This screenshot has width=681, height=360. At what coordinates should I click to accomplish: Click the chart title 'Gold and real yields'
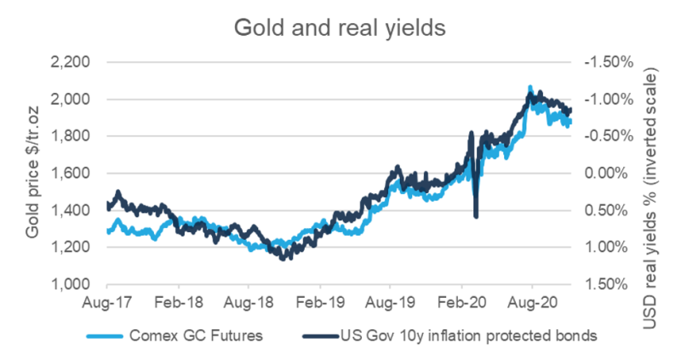tap(340, 27)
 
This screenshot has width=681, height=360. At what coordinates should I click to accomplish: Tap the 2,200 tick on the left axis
tap(79, 62)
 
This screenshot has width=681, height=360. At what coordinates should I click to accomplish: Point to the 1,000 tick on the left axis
tap(79, 284)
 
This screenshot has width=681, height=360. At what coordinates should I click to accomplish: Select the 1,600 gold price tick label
tap(79, 174)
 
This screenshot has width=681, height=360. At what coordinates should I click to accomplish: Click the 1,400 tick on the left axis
tap(79, 210)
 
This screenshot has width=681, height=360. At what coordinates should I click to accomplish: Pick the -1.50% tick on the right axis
tap(604, 62)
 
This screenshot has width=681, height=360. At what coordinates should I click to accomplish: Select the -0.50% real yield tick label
tap(604, 136)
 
